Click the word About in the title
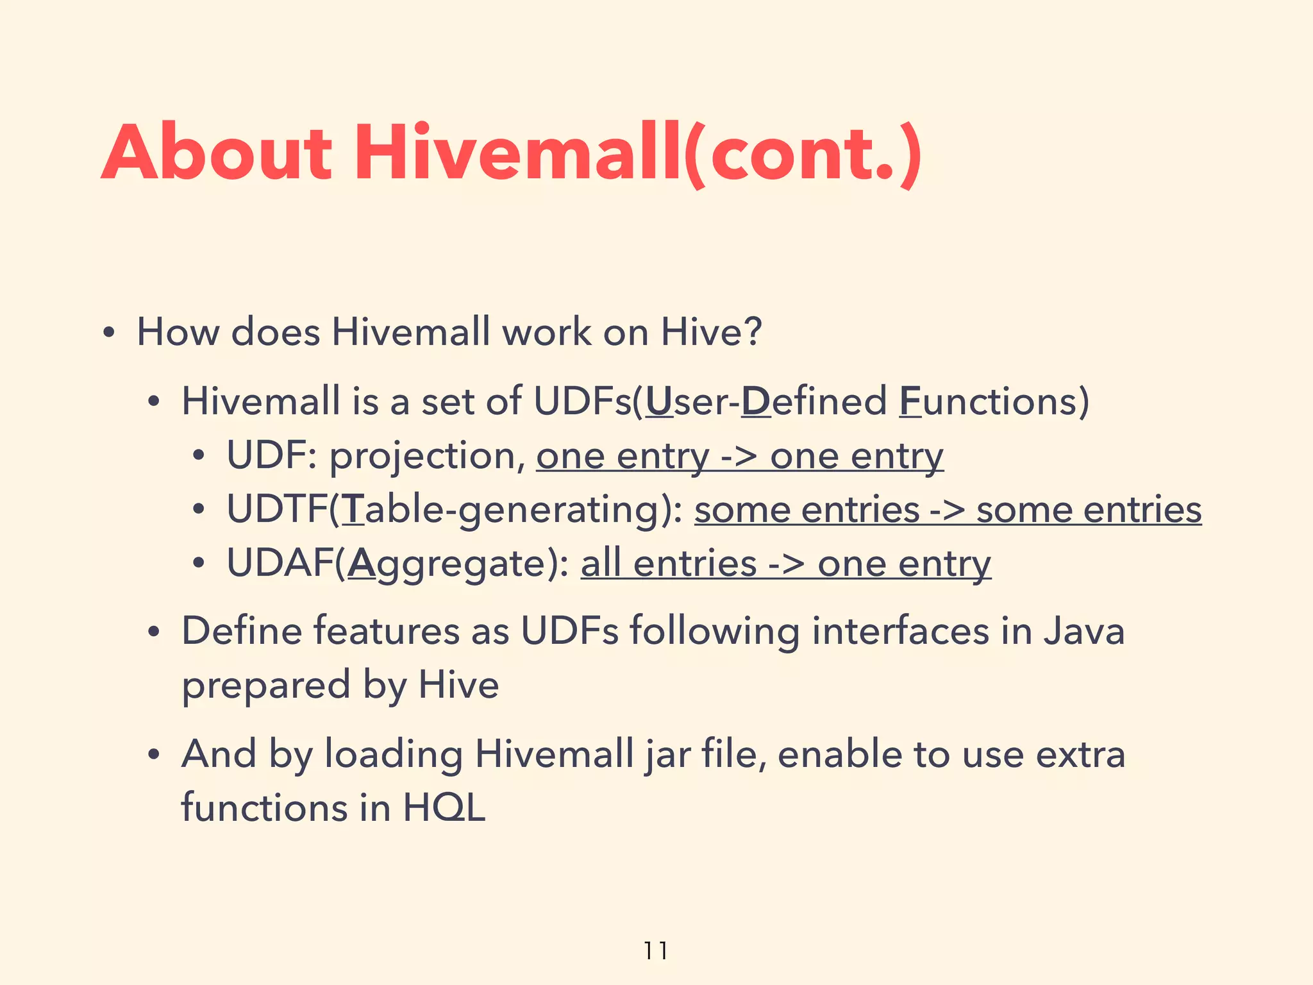[217, 154]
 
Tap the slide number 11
[655, 950]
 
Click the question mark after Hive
[753, 332]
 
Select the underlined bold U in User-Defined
[660, 401]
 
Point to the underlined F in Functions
[910, 401]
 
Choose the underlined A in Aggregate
[361, 564]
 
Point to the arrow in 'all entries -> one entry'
[786, 565]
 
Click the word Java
[1083, 631]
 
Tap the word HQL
[444, 807]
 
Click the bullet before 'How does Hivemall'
[108, 333]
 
